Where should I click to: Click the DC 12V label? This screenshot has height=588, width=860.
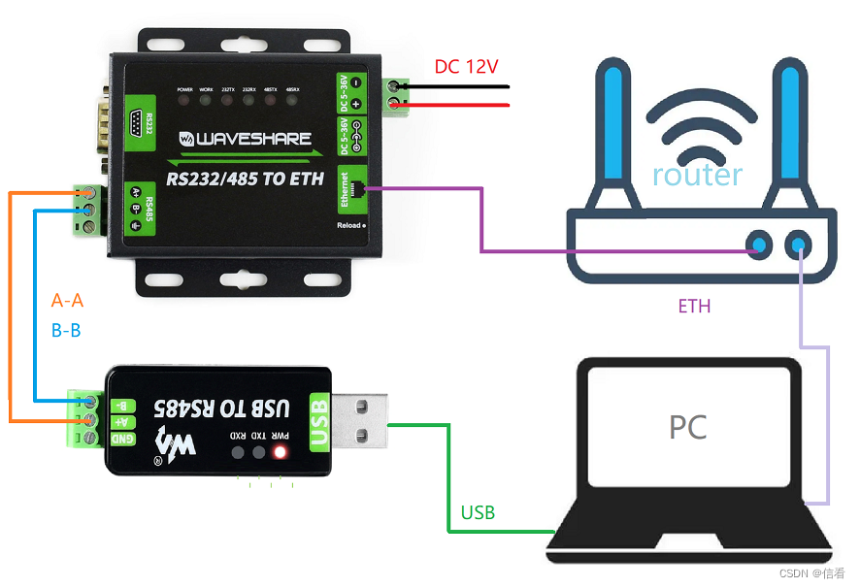(466, 67)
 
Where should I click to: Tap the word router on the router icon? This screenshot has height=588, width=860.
(697, 175)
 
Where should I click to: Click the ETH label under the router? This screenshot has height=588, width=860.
(694, 307)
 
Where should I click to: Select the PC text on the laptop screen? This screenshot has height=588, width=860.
(687, 427)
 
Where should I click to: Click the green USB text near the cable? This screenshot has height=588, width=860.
(478, 512)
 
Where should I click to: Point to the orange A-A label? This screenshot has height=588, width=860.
(66, 301)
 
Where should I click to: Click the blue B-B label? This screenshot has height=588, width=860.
(66, 330)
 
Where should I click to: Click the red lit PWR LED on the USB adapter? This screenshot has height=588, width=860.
(281, 452)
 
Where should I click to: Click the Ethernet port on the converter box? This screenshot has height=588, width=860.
(361, 188)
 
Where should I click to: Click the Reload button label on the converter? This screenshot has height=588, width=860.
(348, 225)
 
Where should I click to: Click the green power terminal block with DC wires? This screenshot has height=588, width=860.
(395, 95)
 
